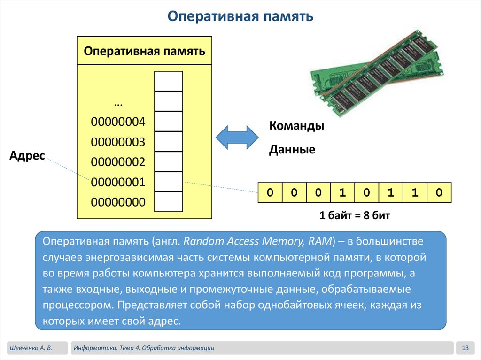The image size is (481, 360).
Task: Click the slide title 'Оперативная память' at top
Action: coord(240,17)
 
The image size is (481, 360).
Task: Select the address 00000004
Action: coord(118,122)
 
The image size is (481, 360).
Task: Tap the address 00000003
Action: coord(118,142)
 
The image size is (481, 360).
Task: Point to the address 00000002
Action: coord(118,162)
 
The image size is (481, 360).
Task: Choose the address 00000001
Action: coord(118,182)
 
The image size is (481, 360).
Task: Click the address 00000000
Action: coord(118,202)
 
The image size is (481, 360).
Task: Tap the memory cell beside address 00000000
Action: coord(169,202)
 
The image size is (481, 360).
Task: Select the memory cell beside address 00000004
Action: coord(169,121)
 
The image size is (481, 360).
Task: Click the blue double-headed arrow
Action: coord(237,137)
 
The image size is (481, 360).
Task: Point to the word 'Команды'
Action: coord(296,126)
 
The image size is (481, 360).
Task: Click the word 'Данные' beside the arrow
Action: coord(292,150)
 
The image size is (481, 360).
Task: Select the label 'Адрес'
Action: coord(27,156)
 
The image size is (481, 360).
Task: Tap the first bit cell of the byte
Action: coord(270,192)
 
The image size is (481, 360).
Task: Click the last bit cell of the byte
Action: coord(439,192)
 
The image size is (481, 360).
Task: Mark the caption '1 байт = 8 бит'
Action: coord(355,215)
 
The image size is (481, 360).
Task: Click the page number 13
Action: coord(465,348)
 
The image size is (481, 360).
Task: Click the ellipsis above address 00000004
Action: coord(118,102)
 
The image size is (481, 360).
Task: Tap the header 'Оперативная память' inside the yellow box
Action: coord(145,51)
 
